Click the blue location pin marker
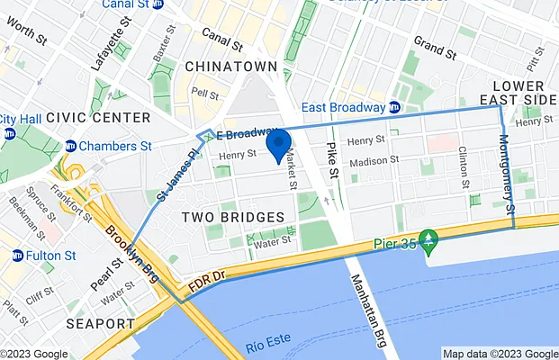tap(278, 144)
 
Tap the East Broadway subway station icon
tap(394, 107)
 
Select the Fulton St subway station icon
tap(17, 256)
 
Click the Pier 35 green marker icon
tap(429, 241)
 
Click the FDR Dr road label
tap(207, 285)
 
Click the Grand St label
tap(436, 42)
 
